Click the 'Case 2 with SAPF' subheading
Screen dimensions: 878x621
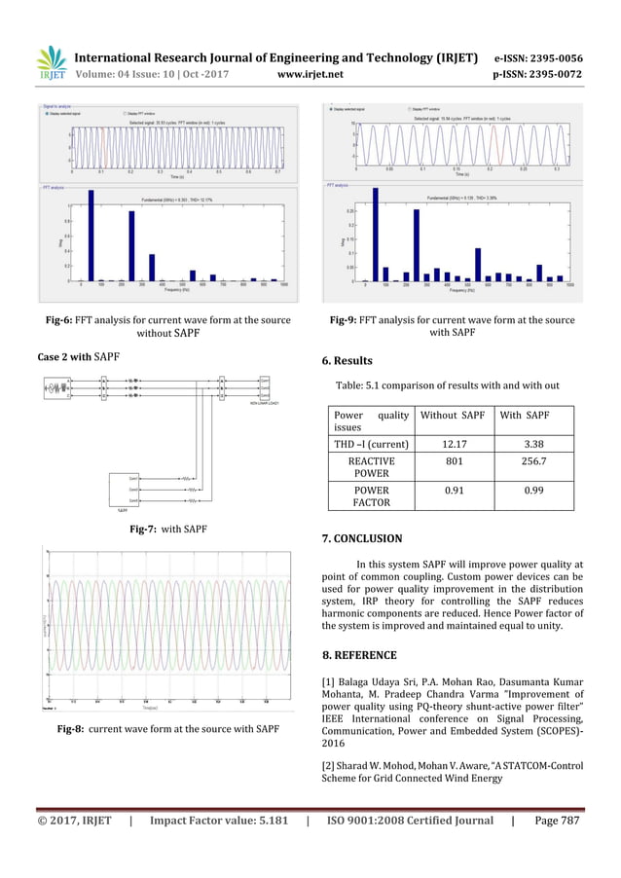click(x=78, y=357)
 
